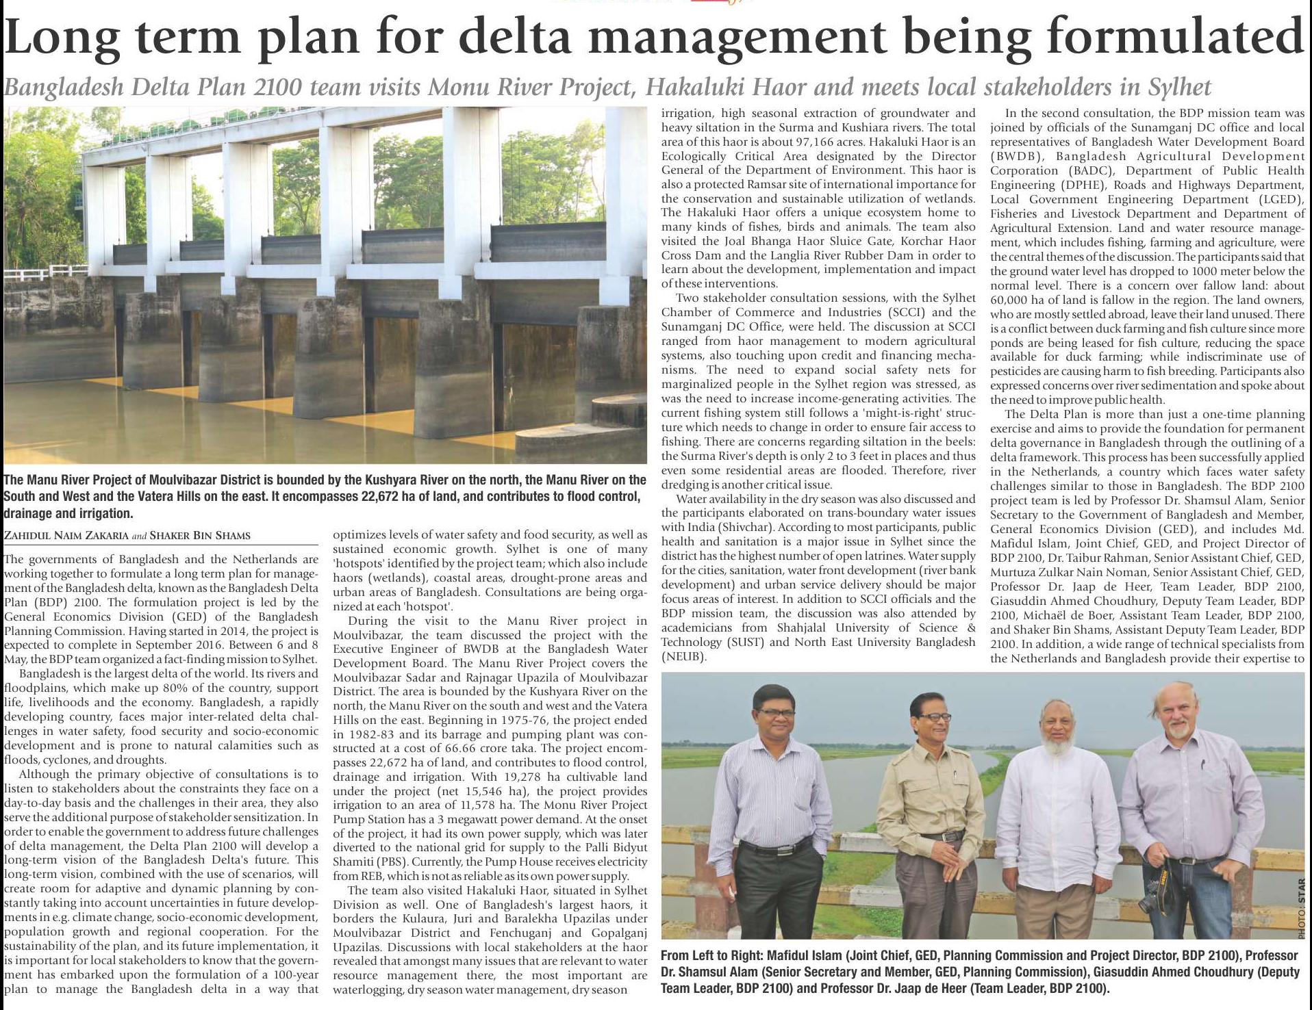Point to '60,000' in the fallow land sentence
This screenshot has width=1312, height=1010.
[x=1011, y=300]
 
